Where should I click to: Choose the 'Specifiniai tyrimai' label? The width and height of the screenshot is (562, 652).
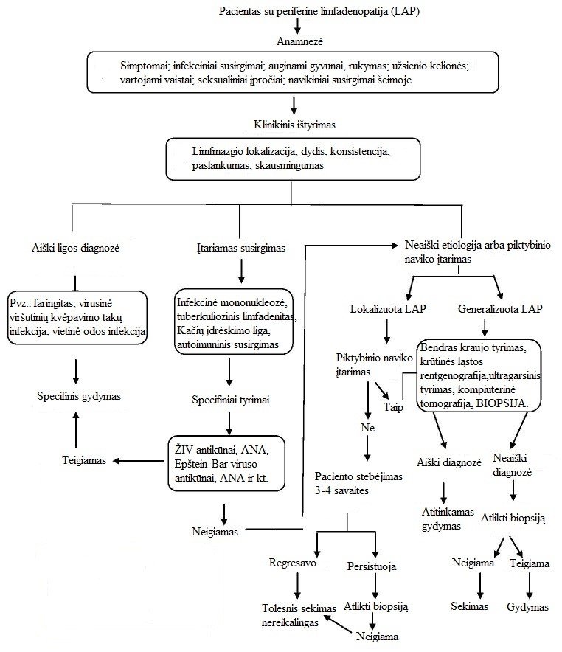[230, 400]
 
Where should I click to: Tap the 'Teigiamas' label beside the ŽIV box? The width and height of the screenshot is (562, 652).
[84, 459]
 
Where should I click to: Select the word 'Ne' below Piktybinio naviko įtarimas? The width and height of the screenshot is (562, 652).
[367, 429]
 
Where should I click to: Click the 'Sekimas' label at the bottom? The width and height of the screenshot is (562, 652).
[470, 606]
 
